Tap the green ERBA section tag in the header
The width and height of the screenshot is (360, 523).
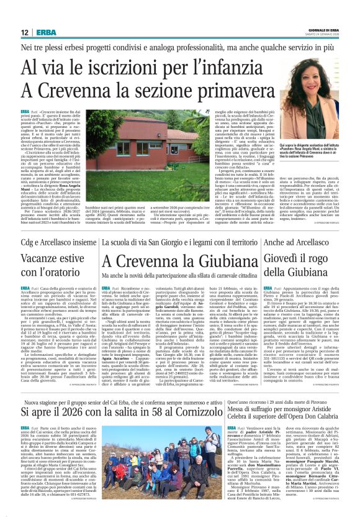(46, 32)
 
